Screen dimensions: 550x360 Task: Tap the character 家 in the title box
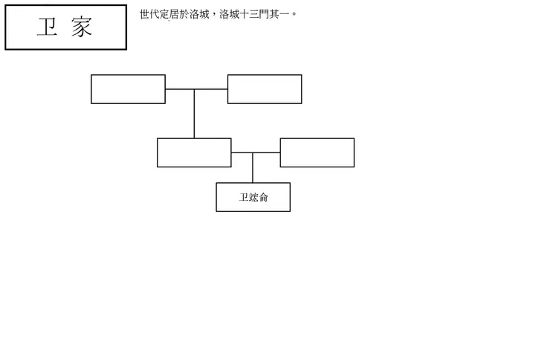coord(82,28)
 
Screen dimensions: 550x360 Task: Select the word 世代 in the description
coord(149,14)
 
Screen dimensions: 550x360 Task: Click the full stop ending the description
coord(294,16)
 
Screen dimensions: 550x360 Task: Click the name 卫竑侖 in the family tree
coord(253,198)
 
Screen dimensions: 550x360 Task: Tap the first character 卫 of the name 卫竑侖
coord(243,198)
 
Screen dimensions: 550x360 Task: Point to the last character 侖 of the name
coord(263,198)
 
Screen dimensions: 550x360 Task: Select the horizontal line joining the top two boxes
coord(196,89)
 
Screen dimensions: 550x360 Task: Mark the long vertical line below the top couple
coord(195,115)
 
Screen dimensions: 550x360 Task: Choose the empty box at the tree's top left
coord(128,89)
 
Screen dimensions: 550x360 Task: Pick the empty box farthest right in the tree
coord(317,152)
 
